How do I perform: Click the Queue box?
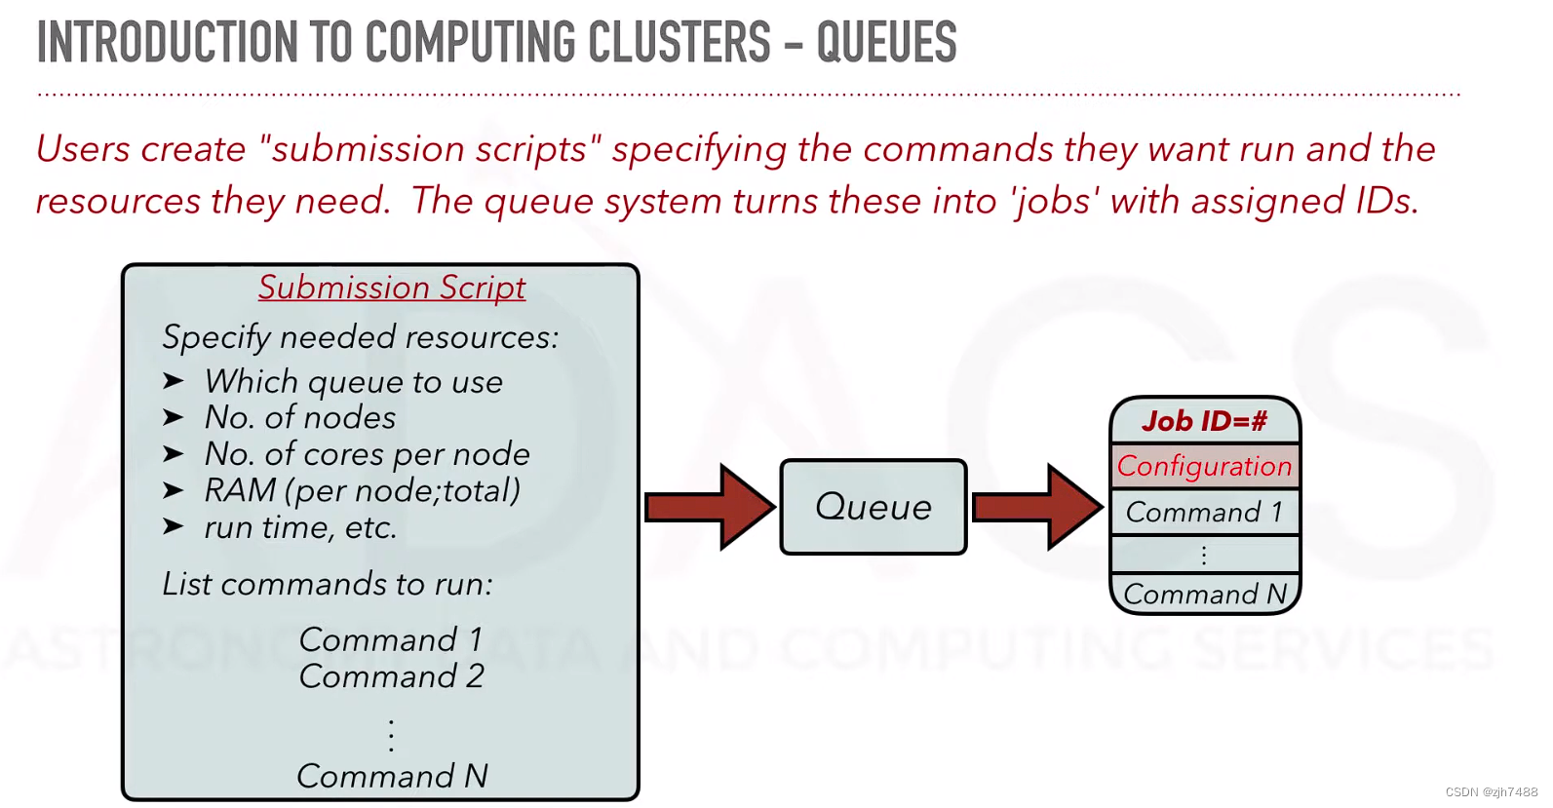coord(874,507)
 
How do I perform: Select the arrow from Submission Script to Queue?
coord(709,507)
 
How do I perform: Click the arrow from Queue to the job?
coord(1037,507)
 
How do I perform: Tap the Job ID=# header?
coord(1204,421)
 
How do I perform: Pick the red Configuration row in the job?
coord(1204,466)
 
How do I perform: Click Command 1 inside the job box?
coord(1204,512)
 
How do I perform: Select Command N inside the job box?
coord(1204,594)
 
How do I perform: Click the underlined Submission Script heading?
coord(392,288)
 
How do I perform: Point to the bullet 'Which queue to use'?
coord(353,382)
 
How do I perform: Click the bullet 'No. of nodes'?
coord(300,418)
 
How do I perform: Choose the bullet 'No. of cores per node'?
coord(367,454)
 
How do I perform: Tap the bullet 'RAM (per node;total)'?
coord(362,490)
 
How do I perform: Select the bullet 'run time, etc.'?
coord(300,527)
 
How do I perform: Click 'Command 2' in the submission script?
coord(391,676)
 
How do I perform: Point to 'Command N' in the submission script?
coord(392,776)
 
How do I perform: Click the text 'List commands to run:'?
coord(328,584)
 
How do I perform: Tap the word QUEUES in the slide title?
coord(886,43)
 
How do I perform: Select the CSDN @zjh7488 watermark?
coord(1491,792)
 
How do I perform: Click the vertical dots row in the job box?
coord(1204,555)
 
